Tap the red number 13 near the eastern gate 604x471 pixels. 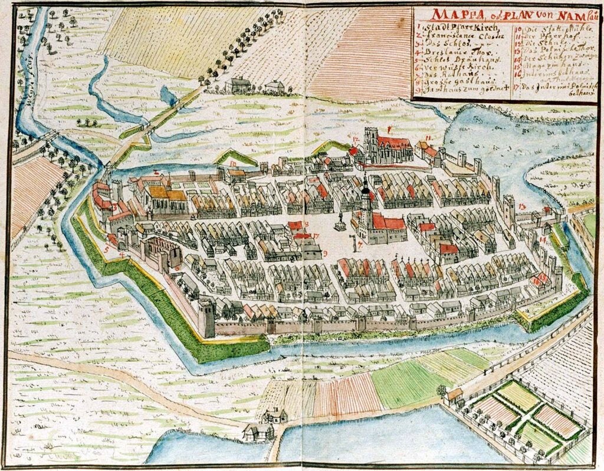523,206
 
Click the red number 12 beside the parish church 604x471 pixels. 356,139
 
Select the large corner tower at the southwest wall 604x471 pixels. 206,317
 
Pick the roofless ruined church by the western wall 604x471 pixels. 160,251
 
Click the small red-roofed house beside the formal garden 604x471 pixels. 454,394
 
